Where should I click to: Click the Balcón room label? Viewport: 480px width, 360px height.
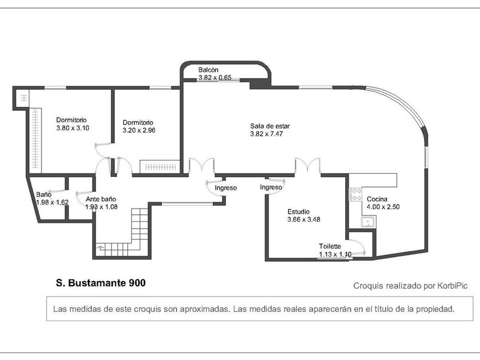click(x=209, y=70)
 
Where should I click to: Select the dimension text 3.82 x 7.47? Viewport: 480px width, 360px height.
click(x=267, y=134)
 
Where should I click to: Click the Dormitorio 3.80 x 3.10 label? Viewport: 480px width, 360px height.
click(x=71, y=120)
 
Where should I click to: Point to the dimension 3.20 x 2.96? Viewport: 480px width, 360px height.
click(x=139, y=130)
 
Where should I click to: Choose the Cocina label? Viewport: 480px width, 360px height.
click(x=377, y=199)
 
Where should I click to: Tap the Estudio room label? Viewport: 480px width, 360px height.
click(x=299, y=211)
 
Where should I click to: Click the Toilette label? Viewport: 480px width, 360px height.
click(x=330, y=246)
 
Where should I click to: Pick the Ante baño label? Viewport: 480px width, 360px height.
click(x=101, y=199)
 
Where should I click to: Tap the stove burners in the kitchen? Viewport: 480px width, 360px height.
click(x=355, y=194)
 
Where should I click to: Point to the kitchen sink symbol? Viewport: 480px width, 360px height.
click(x=367, y=222)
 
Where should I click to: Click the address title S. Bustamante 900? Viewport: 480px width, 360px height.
click(x=101, y=282)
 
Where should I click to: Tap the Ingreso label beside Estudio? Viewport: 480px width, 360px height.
click(x=271, y=187)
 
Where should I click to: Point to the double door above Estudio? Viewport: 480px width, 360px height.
click(x=307, y=166)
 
